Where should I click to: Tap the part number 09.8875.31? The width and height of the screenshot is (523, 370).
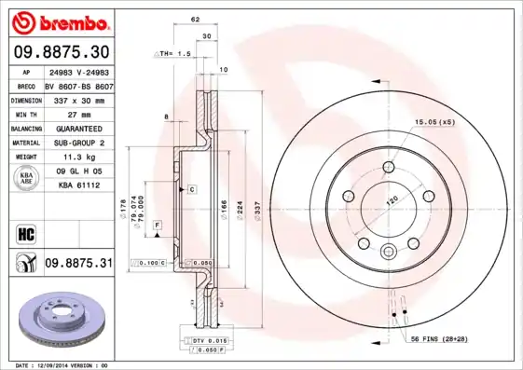[x=78, y=264]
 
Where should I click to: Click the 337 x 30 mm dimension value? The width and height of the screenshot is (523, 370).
[x=76, y=99]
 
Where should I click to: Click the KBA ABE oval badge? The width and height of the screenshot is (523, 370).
[x=26, y=178]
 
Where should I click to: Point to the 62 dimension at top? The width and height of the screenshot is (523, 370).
[x=195, y=20]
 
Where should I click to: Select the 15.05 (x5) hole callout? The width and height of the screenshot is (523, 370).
[x=434, y=120]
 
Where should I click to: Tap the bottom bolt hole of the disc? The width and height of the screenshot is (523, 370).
[x=389, y=250]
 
